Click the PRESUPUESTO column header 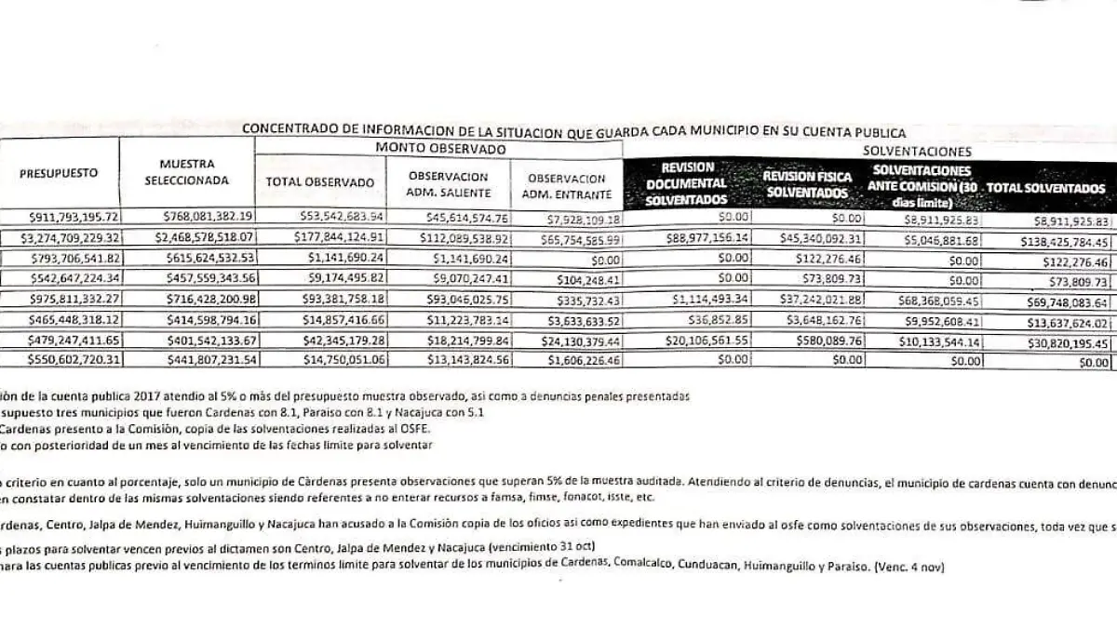click(x=59, y=173)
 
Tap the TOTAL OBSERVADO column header click(x=320, y=182)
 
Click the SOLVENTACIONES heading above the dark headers click(x=917, y=151)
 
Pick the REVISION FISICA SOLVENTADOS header click(x=806, y=183)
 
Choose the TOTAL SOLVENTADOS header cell click(x=1046, y=188)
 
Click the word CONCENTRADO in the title click(x=287, y=132)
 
